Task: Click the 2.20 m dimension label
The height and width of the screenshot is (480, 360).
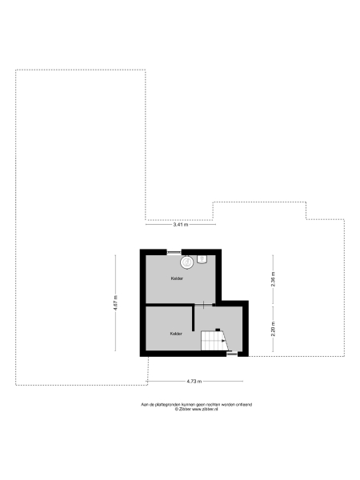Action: click(x=273, y=328)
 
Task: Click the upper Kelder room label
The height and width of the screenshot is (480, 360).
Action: click(x=177, y=278)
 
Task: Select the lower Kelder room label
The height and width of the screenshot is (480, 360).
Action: click(x=176, y=333)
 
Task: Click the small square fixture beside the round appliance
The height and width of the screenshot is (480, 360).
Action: click(x=202, y=258)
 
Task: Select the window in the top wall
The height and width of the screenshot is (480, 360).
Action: click(x=174, y=252)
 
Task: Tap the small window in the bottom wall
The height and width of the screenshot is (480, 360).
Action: click(x=232, y=355)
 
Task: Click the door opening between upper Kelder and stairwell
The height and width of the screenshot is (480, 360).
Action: click(x=205, y=304)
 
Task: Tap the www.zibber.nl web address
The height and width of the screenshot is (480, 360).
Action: click(x=206, y=410)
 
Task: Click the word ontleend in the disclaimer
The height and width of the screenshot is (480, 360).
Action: click(x=243, y=405)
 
